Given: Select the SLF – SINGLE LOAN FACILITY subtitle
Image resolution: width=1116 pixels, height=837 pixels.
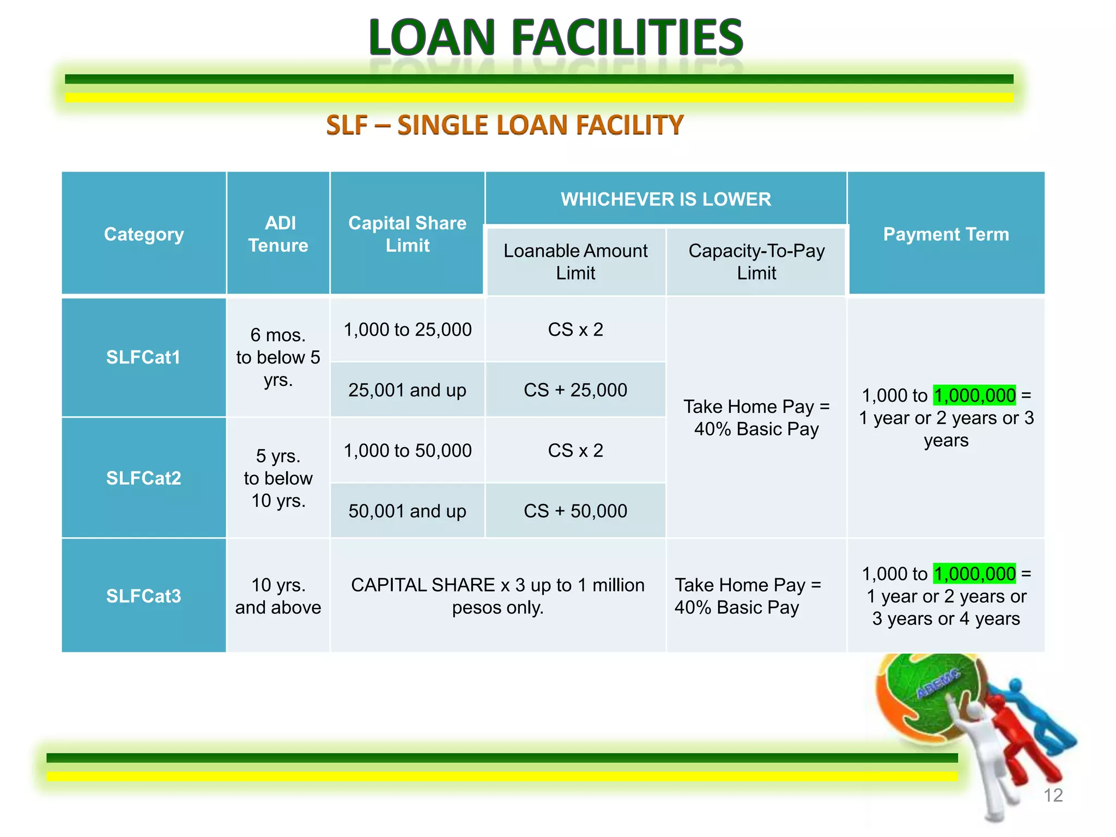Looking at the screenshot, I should [x=505, y=125].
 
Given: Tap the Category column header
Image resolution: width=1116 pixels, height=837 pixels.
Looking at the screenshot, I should [x=144, y=234].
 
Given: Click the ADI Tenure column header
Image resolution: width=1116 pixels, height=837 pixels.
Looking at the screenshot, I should [x=278, y=234].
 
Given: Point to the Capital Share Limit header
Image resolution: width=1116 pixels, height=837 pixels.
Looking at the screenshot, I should [x=408, y=234].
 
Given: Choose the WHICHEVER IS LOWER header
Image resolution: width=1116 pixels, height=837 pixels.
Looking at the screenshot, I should [x=666, y=199].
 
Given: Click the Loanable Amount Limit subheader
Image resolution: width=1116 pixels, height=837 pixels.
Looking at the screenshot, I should [x=575, y=262].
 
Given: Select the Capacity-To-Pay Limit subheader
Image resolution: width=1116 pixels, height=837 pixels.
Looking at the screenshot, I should [x=756, y=262].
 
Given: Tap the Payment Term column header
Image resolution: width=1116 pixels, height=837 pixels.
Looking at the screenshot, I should [x=946, y=234].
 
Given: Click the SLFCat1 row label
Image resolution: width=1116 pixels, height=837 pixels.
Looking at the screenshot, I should [x=143, y=357].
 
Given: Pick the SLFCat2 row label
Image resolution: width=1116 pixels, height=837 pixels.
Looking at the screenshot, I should [x=143, y=478].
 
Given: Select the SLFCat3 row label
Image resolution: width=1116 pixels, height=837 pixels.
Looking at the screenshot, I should [x=143, y=596].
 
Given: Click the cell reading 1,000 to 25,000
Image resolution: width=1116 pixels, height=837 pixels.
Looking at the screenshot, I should [x=408, y=330].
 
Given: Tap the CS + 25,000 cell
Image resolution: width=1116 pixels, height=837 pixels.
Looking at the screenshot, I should [x=575, y=390].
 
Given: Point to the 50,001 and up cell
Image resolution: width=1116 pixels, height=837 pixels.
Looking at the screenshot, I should [x=408, y=511].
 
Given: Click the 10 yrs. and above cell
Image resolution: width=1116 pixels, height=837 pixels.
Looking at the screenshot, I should [x=278, y=596].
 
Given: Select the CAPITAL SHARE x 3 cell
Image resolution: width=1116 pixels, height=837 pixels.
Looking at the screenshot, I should [x=498, y=596].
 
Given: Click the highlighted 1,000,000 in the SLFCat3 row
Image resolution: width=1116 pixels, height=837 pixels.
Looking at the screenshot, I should [x=974, y=574].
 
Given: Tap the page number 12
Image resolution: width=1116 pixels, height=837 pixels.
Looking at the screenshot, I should [x=1053, y=796].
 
